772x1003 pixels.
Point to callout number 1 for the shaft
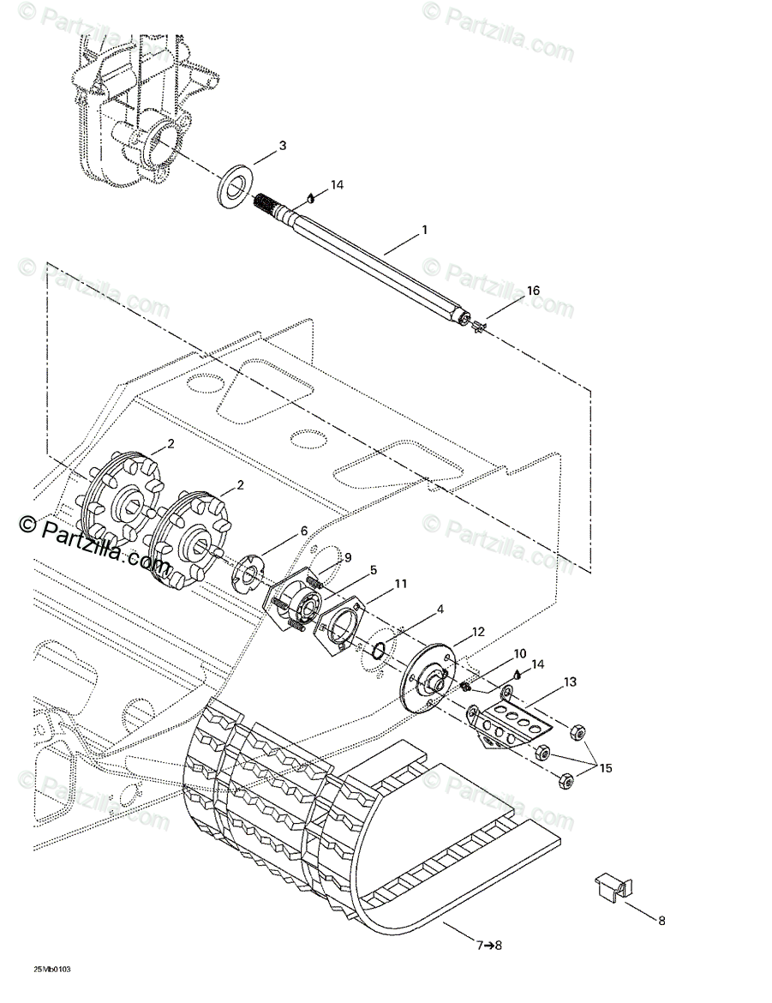(423, 231)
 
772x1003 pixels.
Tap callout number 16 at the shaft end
(533, 291)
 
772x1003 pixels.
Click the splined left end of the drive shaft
(269, 204)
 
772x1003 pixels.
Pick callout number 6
(303, 532)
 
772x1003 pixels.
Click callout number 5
(350, 570)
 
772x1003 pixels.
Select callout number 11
(377, 585)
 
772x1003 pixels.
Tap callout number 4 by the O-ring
(440, 610)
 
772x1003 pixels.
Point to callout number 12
(478, 633)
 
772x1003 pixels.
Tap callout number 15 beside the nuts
(606, 769)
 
